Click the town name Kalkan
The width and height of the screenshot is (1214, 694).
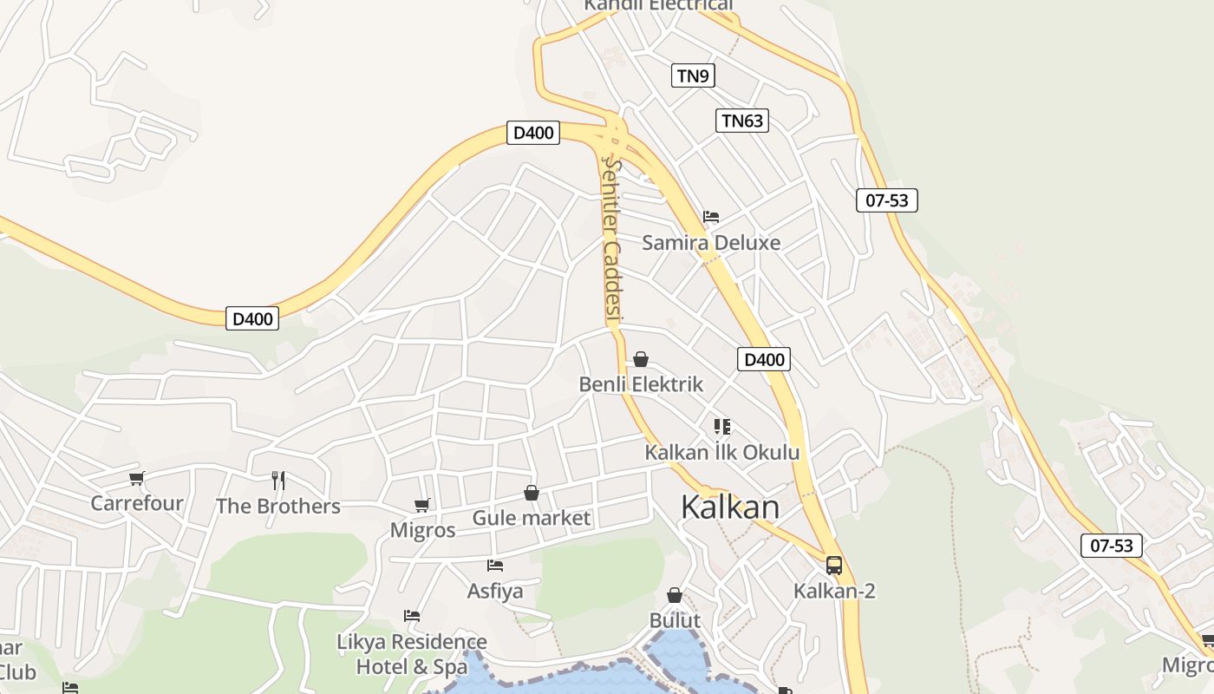point(730,507)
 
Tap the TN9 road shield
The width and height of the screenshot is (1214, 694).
point(692,75)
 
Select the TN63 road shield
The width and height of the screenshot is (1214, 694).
point(742,121)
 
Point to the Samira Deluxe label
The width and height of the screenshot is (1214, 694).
point(711,243)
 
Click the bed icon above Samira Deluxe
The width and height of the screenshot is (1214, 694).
point(711,216)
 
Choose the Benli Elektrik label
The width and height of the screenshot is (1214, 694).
point(641,384)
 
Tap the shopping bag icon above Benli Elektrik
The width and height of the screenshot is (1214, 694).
point(641,359)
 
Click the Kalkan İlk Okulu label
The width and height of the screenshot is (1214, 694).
point(721,452)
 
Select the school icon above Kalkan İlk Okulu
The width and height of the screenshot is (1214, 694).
point(721,426)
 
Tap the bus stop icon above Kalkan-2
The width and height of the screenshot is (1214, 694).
point(834,566)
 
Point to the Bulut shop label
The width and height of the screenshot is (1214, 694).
point(675,621)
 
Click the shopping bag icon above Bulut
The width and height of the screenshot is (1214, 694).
point(675,595)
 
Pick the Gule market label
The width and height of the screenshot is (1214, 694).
point(531,519)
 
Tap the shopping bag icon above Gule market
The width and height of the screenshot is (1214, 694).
point(532,493)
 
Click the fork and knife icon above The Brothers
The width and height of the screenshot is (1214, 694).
point(278,480)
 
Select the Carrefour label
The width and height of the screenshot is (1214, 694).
point(137,503)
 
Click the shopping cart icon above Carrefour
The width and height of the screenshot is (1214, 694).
point(136,478)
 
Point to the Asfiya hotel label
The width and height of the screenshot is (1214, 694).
point(495,592)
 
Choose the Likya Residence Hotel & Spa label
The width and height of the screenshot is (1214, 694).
point(412,655)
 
